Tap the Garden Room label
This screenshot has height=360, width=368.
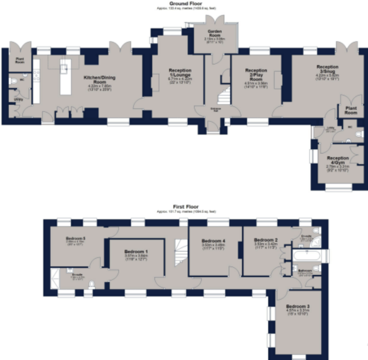(216, 33)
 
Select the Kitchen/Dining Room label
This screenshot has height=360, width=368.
(100, 80)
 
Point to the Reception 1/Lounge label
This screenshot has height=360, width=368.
(180, 73)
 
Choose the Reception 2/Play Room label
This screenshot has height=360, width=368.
(256, 73)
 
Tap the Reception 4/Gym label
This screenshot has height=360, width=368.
(338, 160)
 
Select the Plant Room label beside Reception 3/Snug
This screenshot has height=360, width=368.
(351, 110)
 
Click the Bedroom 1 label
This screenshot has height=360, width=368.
(136, 252)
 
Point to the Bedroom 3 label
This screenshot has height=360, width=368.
(298, 307)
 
